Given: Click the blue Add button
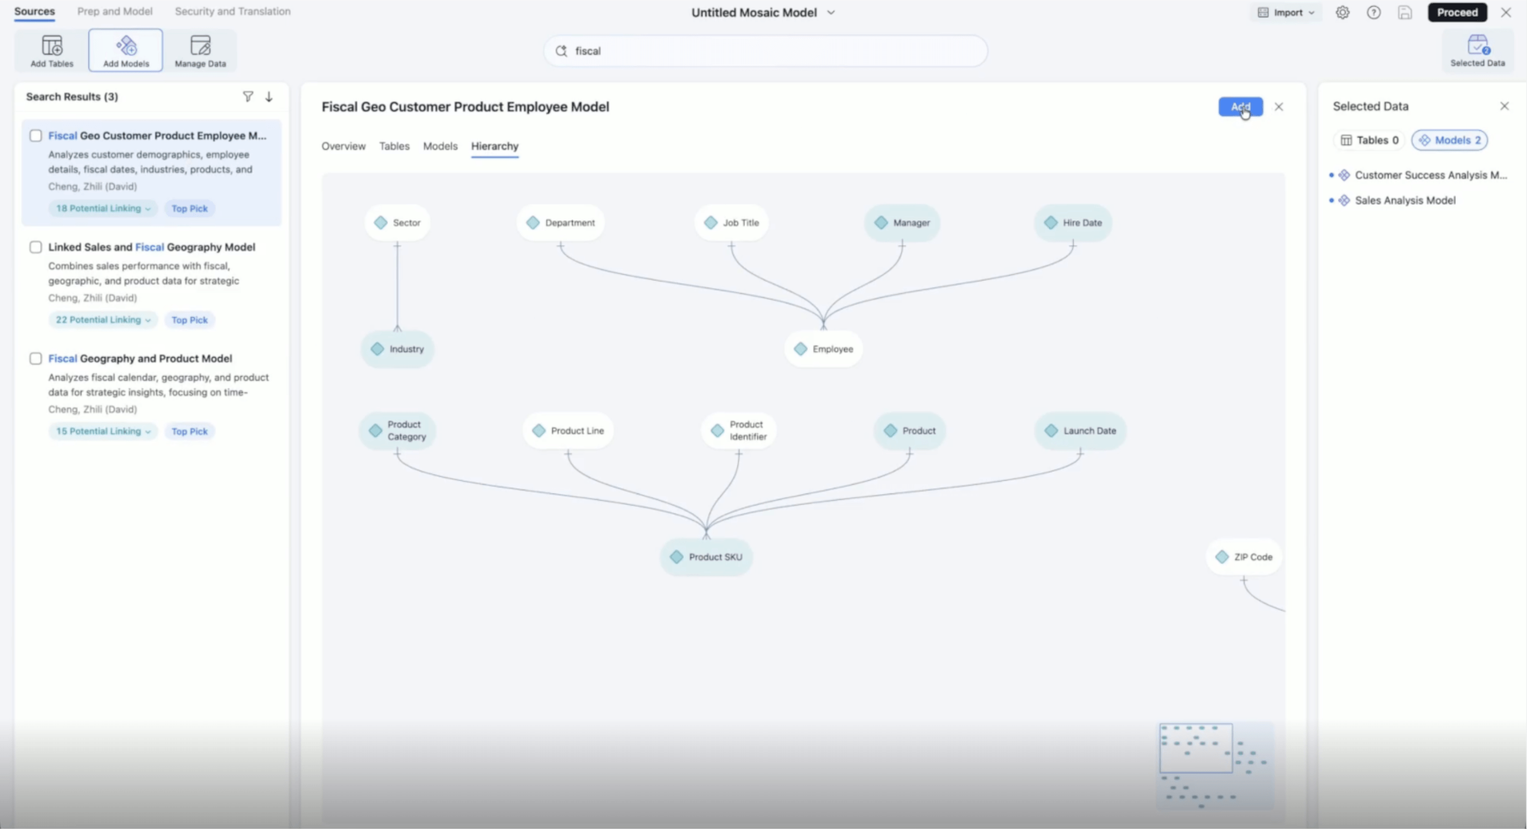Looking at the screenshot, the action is coord(1240,107).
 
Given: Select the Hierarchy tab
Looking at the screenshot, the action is coord(494,146).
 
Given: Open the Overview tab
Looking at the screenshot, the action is coord(343,146).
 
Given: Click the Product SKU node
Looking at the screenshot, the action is coord(706,557).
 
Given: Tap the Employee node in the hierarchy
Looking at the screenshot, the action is coord(824,349).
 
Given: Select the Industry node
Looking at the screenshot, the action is coord(397,349).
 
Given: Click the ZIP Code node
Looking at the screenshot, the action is coord(1243,557).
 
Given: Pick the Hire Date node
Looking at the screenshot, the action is coord(1073,223).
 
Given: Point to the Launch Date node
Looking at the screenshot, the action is coord(1080,431).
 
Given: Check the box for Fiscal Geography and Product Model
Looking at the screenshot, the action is coord(36,359).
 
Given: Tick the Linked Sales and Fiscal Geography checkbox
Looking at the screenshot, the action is coord(36,247).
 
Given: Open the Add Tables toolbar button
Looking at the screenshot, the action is coord(52,51).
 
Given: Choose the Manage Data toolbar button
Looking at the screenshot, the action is coord(200,51).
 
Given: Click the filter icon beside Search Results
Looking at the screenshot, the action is coord(248,97).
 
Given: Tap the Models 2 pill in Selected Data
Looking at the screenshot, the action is coord(1449,140).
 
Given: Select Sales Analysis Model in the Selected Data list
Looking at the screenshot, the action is coord(1405,200).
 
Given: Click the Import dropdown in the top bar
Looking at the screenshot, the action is coord(1286,12).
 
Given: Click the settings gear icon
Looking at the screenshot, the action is coord(1342,12).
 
